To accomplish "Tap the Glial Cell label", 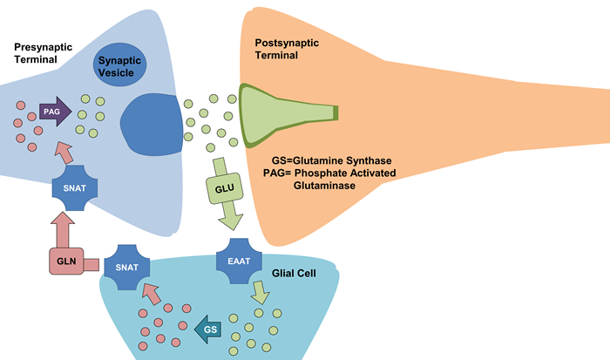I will coord(292,273).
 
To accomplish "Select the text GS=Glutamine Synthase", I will coord(327,160).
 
